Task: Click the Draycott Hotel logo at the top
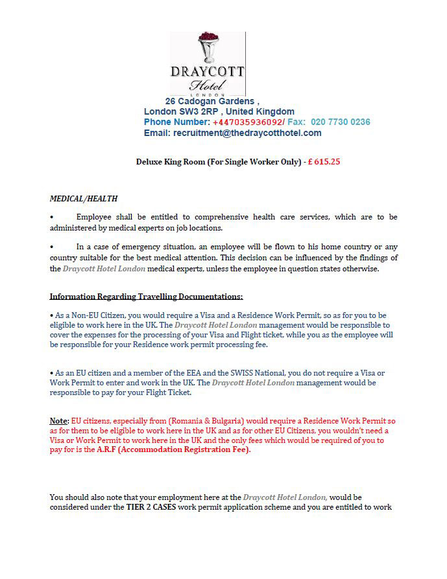(208, 63)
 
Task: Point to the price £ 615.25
(324, 162)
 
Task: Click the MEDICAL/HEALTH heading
(84, 198)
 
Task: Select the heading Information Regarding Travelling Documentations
(146, 297)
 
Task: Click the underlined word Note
(59, 420)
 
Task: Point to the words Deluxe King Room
(170, 162)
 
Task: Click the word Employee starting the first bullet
(95, 217)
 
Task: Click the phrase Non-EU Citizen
(89, 314)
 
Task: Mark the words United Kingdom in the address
(263, 111)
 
